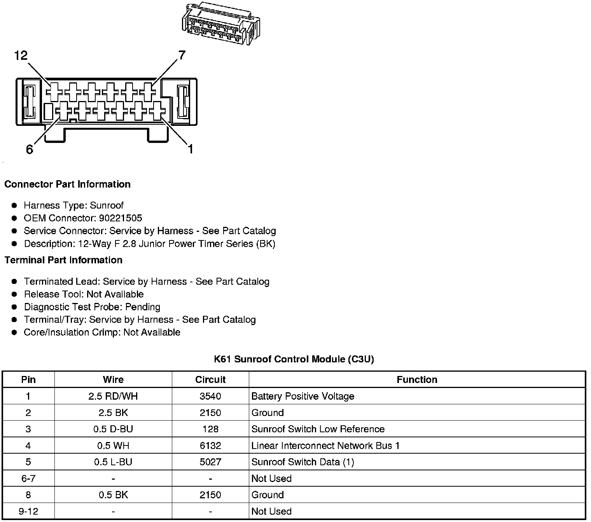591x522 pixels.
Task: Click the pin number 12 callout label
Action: click(21, 56)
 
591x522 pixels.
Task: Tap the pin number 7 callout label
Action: click(182, 56)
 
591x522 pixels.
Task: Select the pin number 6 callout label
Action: click(30, 149)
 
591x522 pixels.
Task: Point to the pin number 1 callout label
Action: click(190, 149)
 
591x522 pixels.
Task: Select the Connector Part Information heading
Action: click(67, 184)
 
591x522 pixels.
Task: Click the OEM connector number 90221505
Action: click(121, 218)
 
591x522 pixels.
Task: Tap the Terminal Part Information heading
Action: click(63, 260)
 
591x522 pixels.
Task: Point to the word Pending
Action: click(143, 307)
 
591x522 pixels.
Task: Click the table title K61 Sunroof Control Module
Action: click(294, 359)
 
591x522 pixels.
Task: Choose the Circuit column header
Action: click(210, 379)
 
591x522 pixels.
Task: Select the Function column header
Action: click(417, 379)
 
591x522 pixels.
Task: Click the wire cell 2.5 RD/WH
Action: click(113, 396)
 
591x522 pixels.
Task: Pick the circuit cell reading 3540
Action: click(210, 396)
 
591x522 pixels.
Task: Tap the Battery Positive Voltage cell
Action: click(303, 396)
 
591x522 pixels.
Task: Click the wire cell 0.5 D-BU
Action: click(113, 429)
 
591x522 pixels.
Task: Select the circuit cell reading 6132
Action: click(210, 445)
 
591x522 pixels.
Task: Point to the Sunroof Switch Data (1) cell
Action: click(303, 462)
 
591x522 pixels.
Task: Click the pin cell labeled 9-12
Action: click(28, 511)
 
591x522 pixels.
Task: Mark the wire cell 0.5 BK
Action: click(113, 495)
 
